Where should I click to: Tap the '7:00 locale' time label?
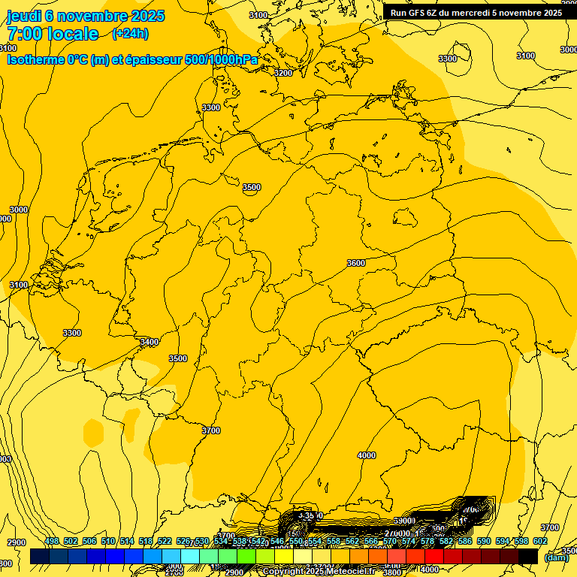point(53,34)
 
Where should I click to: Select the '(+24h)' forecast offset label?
point(130,34)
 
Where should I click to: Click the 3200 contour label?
point(283,73)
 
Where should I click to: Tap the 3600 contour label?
point(356,263)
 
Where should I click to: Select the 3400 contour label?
point(150,342)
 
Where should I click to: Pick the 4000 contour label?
point(367,455)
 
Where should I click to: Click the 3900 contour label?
point(404,521)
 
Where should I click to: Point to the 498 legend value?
point(51,541)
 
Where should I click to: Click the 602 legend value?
point(540,541)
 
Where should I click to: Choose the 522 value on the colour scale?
point(166,541)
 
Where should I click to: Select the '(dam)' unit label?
point(556,557)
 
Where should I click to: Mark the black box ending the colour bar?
point(528,556)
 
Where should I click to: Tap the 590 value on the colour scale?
point(483,541)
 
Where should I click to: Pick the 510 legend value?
point(108,541)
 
